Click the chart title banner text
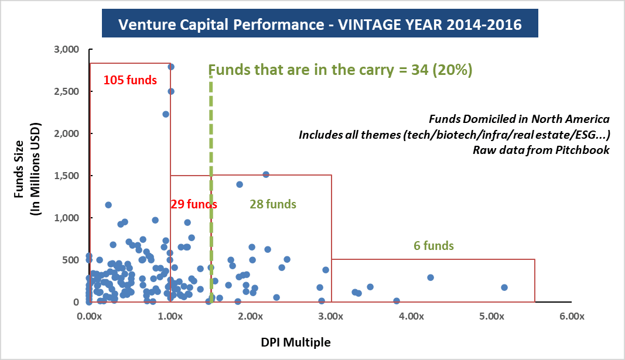[320, 26]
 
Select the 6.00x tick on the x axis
[572, 317]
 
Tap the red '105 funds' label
[130, 80]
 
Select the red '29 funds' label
[194, 204]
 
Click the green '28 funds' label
[273, 204]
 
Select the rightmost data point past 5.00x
[504, 287]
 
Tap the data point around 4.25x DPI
[430, 277]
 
